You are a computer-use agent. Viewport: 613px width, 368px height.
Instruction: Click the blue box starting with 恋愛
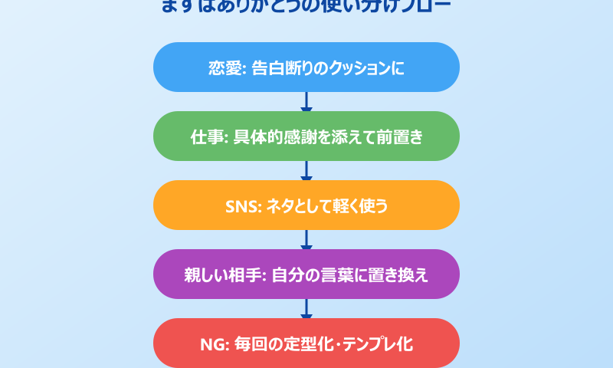tap(306, 67)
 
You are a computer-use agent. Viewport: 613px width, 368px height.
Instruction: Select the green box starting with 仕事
tap(306, 136)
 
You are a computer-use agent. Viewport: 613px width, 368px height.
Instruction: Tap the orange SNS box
tap(306, 205)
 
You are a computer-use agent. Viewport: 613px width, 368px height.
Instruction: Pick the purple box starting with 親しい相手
tap(306, 274)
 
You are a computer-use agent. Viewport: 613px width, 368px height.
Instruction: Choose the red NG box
tap(306, 343)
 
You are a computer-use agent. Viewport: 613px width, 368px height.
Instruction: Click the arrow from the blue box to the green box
tap(306, 102)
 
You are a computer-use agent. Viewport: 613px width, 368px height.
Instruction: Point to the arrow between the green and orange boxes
tap(306, 171)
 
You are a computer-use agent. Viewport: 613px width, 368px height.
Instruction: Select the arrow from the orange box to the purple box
tap(306, 240)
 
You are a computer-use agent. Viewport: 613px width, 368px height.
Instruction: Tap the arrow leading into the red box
tap(306, 309)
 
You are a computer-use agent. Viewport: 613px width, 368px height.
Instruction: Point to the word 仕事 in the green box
tap(205, 136)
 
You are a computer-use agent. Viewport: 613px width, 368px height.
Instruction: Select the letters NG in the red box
tap(211, 343)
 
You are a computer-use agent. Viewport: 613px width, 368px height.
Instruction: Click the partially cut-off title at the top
tap(306, 7)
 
